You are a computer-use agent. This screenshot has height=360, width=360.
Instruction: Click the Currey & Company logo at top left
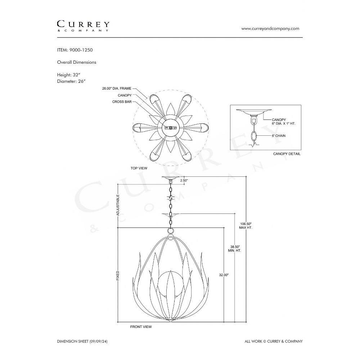pyautogui.click(x=83, y=26)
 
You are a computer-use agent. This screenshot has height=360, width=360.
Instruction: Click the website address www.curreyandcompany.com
pyautogui.click(x=270, y=28)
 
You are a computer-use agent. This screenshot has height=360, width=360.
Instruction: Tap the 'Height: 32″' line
pyautogui.click(x=69, y=75)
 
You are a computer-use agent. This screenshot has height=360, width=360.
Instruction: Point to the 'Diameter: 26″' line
pyautogui.click(x=71, y=81)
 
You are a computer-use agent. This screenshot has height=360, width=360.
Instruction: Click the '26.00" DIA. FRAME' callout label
pyautogui.click(x=117, y=89)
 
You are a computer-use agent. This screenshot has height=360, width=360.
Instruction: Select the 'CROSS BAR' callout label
pyautogui.click(x=122, y=102)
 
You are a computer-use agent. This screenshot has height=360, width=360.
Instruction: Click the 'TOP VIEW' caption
pyautogui.click(x=139, y=168)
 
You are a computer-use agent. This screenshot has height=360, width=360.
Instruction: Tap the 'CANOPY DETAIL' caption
pyautogui.click(x=287, y=154)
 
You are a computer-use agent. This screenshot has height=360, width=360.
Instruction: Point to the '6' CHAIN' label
pyautogui.click(x=279, y=136)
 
